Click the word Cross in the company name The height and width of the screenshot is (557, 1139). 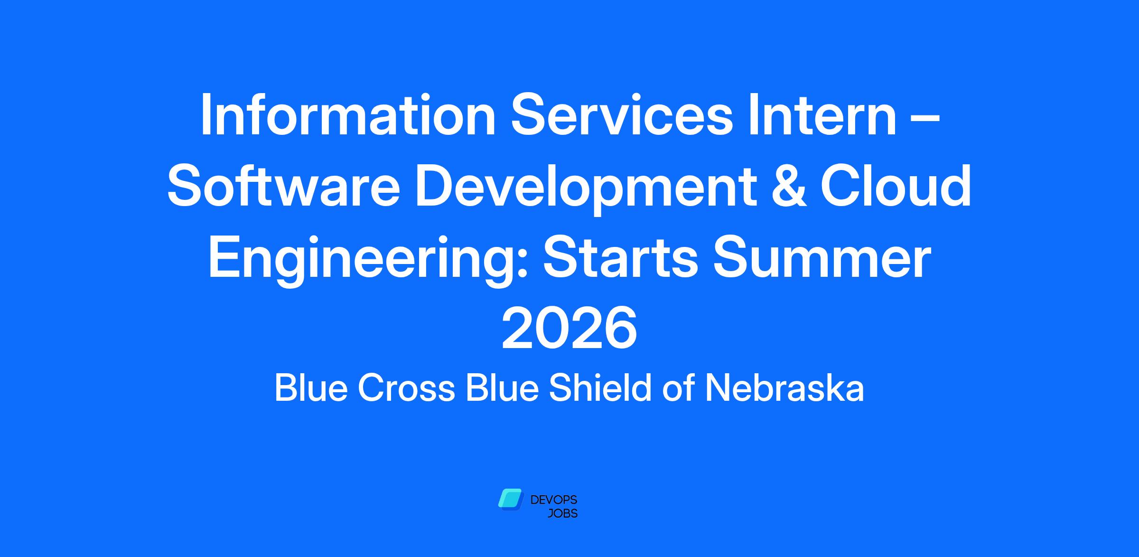(406, 388)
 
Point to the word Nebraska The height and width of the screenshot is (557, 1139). (784, 387)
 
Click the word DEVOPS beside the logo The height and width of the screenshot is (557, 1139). (554, 500)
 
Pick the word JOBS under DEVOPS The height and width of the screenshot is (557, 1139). (563, 513)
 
